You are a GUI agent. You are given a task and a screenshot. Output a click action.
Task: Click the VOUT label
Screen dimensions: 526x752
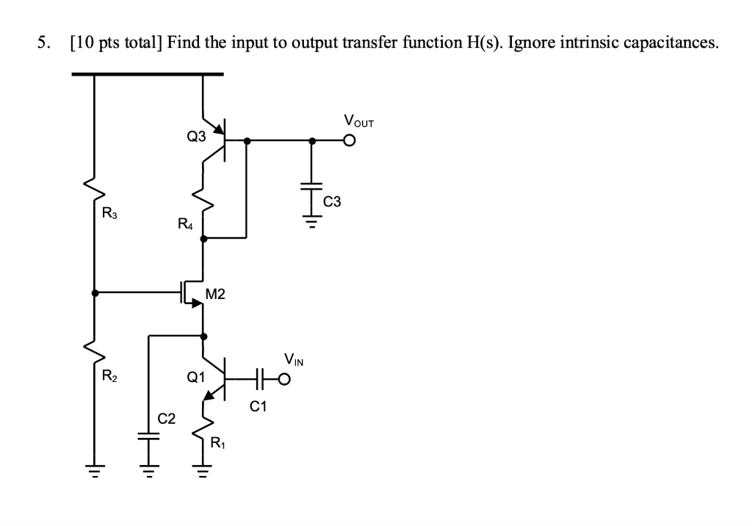point(358,121)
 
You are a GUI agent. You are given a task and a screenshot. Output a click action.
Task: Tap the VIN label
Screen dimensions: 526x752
point(293,361)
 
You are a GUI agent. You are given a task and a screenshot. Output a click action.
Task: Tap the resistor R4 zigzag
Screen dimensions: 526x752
point(203,200)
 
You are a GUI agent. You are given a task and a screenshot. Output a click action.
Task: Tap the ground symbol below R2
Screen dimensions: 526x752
point(94,474)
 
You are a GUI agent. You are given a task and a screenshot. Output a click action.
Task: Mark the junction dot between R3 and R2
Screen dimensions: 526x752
point(94,292)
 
